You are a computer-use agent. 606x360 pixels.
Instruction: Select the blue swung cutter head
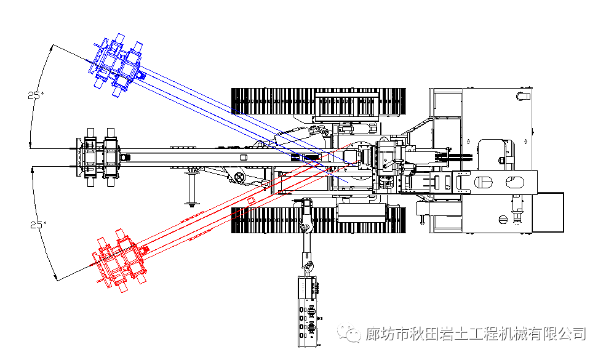point(117,65)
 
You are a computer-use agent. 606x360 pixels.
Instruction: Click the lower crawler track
point(318,220)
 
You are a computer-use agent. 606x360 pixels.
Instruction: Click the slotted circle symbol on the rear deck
point(503,220)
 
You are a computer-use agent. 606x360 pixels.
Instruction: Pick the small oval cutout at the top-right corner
point(524,95)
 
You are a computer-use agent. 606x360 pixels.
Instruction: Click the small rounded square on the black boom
point(244,158)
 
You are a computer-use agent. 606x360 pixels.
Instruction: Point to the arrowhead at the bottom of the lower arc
point(57,278)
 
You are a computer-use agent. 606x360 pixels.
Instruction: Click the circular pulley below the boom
point(241,177)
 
